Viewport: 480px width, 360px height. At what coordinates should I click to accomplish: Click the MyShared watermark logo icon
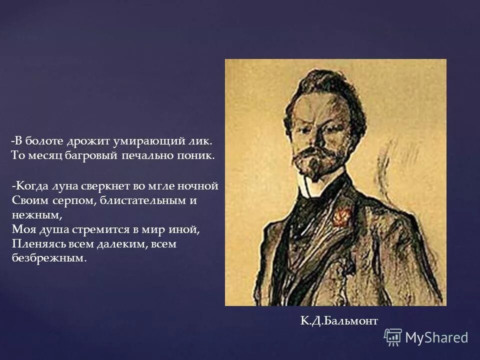[x=393, y=337]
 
